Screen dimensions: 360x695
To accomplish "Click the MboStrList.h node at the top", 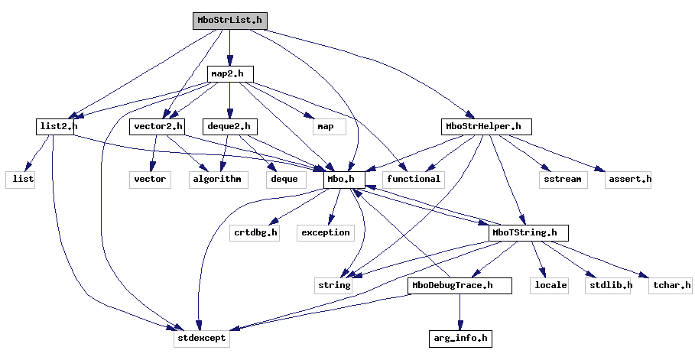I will [x=230, y=21].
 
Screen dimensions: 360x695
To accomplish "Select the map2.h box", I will [x=230, y=73].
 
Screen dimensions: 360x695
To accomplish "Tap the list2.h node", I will [x=57, y=126].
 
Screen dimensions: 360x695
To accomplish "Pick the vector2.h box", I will [x=158, y=126].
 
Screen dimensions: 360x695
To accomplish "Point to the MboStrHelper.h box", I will [x=486, y=126].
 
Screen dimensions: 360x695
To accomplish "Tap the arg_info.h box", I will [x=459, y=337].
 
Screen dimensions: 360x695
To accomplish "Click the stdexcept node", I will [x=201, y=337].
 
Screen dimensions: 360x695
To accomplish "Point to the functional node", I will [x=414, y=179].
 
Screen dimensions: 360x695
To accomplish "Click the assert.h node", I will [x=628, y=179].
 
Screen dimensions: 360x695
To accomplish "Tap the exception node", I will [x=325, y=232].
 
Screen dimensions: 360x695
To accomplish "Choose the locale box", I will [x=550, y=285].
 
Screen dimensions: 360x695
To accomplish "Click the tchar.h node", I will [x=671, y=285].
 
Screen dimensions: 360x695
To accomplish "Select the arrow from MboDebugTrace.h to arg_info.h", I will [x=459, y=311].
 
